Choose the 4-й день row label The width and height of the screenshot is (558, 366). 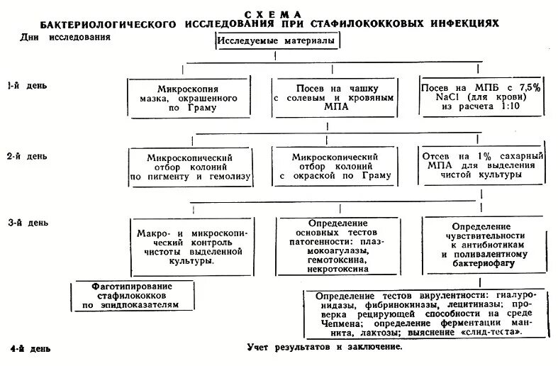point(30,350)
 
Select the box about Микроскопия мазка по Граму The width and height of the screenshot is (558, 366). point(190,98)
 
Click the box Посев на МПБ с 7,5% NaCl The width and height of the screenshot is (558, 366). point(481,95)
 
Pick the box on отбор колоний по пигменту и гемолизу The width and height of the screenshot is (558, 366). point(190,167)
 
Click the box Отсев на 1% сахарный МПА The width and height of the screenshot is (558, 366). point(481,165)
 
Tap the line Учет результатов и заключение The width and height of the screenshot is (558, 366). point(325,348)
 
